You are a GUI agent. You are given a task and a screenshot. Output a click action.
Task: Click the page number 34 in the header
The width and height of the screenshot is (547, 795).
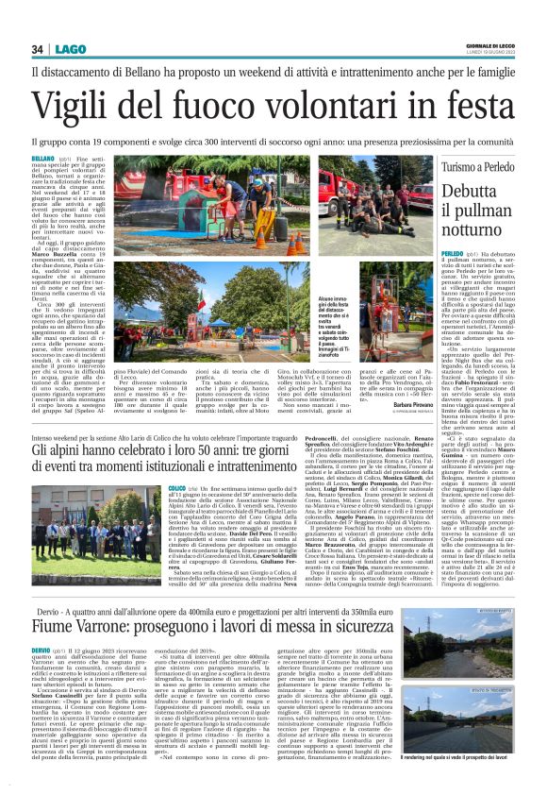(38, 49)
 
